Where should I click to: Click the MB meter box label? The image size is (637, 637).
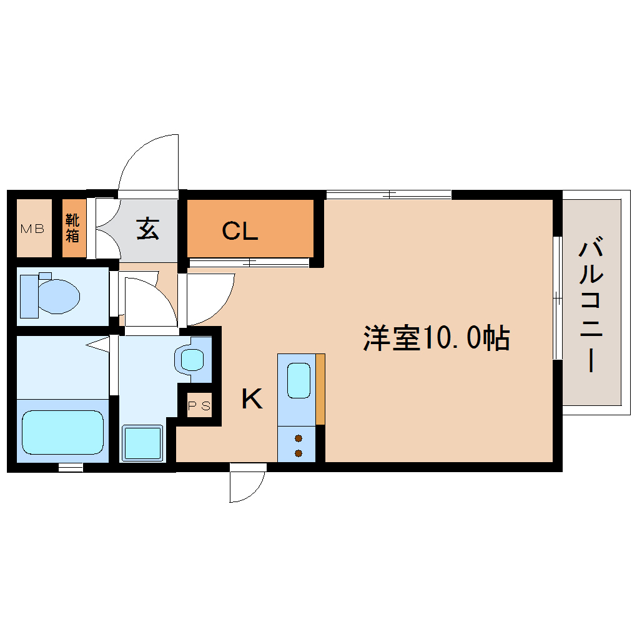[32, 229]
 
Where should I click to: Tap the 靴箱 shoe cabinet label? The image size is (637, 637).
[73, 229]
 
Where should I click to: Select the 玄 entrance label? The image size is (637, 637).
[148, 229]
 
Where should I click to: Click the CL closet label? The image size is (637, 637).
[240, 232]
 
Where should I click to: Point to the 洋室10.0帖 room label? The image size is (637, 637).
[437, 338]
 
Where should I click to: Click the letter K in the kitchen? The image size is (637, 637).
[252, 398]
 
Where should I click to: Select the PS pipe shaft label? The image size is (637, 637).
[200, 407]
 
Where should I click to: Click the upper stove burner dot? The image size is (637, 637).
[299, 438]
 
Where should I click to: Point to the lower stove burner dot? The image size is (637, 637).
[299, 453]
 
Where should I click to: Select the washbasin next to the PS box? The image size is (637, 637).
[192, 359]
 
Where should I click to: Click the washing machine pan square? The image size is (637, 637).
[142, 443]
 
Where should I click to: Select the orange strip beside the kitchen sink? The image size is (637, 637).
[320, 388]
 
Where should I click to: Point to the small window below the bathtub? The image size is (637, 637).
[71, 467]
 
